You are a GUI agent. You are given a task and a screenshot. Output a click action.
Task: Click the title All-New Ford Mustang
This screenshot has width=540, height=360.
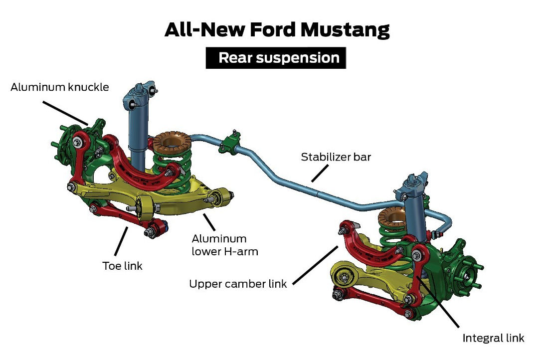click(x=277, y=30)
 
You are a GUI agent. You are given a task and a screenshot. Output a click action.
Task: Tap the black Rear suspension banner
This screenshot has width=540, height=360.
click(x=276, y=58)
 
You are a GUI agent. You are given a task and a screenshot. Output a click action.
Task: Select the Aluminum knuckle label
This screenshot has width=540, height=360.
click(x=60, y=88)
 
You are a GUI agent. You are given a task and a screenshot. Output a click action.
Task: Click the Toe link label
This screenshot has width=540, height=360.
click(x=122, y=266)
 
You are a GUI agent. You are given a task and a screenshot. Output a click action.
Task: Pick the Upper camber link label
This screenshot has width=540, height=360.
click(x=238, y=284)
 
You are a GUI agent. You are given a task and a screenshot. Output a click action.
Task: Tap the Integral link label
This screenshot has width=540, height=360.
click(x=493, y=338)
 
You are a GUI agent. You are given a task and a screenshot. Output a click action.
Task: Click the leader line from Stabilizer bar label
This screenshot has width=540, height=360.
click(x=319, y=173)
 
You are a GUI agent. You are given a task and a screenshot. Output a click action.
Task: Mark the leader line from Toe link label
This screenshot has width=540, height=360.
click(x=121, y=241)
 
